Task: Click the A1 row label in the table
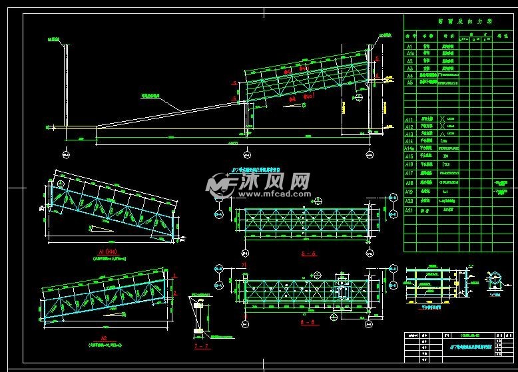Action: (410, 47)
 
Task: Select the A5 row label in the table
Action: (410, 83)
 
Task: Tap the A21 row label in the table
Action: (411, 210)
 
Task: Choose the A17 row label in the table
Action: (411, 173)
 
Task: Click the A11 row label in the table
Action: (411, 119)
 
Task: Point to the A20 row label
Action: (411, 200)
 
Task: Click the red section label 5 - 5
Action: (308, 254)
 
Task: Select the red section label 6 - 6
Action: (308, 323)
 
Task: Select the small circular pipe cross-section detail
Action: (493, 283)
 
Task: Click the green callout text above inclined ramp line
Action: (153, 96)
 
